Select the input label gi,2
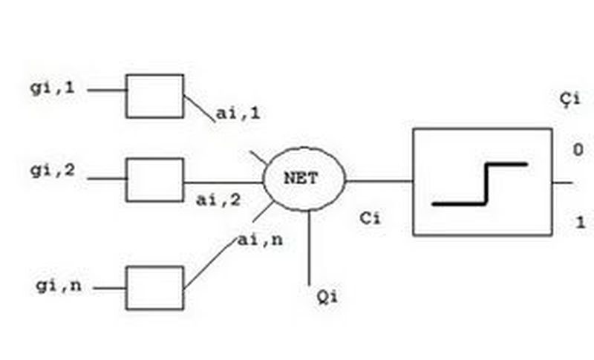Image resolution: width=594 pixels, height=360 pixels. coord(52,171)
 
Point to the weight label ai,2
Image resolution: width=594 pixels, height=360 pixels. coord(218,199)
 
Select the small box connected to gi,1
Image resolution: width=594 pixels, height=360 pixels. coord(154,96)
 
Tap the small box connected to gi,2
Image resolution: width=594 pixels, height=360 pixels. coord(154,180)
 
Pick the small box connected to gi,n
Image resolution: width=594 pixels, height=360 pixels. coord(154,287)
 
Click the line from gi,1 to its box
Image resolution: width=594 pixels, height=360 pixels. coord(106,91)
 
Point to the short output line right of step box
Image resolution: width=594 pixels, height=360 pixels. coord(562,182)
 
